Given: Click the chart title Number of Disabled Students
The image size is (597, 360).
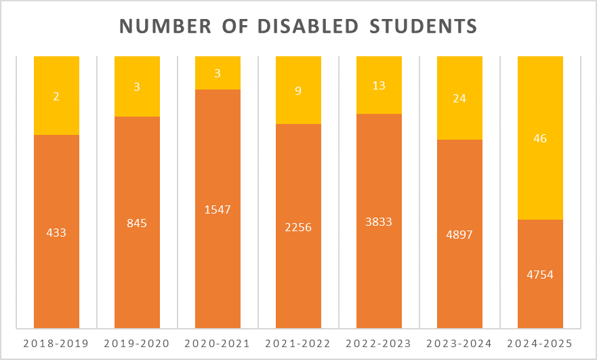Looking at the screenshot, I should (298, 26).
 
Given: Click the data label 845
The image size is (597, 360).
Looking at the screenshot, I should (137, 222).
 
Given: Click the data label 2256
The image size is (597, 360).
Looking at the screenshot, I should (298, 227).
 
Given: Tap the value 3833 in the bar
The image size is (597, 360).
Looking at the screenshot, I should (379, 222).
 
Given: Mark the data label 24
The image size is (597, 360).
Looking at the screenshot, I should (459, 98).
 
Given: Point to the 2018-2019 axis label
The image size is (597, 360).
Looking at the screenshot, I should (56, 343).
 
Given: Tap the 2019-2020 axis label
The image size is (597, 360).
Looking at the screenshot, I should (137, 343).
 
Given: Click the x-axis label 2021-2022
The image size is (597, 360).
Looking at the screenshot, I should (298, 343).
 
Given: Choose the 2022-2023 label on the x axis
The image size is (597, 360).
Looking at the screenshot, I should (379, 343).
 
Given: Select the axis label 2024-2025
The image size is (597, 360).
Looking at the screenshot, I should (540, 343).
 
